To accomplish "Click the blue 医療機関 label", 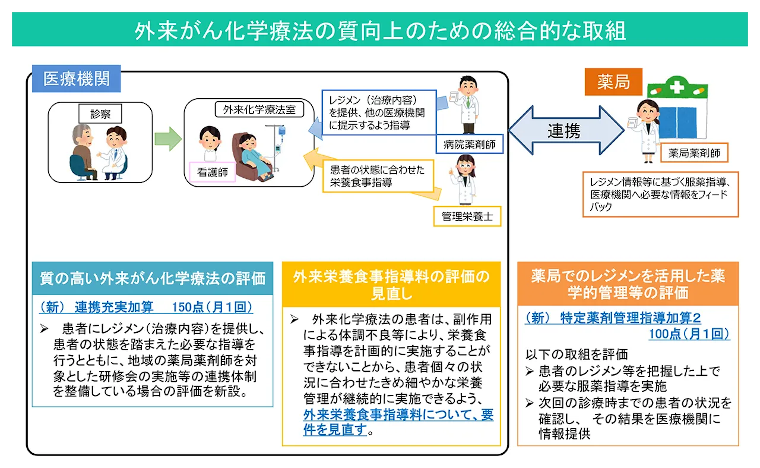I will point(76,79).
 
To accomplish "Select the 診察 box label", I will point(100,114).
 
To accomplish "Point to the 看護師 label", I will point(212,172).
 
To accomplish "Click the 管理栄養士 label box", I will point(467,216).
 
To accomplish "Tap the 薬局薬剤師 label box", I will point(694,153).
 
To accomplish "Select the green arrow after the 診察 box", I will point(168,139).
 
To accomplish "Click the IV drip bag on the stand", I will point(282,130).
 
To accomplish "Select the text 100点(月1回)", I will point(689,334).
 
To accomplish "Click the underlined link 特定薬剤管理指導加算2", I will point(630,318).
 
